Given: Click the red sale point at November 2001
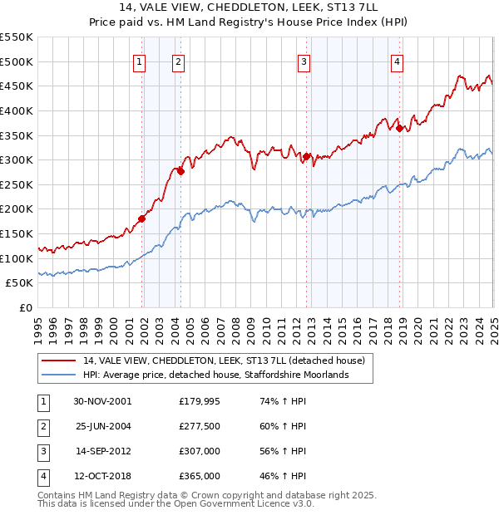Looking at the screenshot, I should coord(142,218).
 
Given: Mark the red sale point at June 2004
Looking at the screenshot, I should coord(180,171).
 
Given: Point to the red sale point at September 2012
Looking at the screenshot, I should coord(307,156).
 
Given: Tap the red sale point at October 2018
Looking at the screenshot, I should coord(400,128).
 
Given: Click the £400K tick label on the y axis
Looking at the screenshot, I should coord(17,110).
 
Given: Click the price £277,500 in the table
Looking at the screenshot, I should coord(200,426).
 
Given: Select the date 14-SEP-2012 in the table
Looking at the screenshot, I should coord(103,451).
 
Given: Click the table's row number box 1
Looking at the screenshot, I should coord(42,401).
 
